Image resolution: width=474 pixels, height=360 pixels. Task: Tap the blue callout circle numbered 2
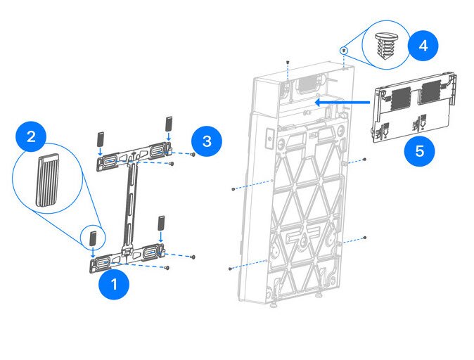pos(31,136)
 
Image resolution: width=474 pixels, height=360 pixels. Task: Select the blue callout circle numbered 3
pos(206,141)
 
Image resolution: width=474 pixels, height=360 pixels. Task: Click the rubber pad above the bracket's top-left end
pos(99,135)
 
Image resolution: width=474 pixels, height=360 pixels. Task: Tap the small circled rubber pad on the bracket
pos(92,237)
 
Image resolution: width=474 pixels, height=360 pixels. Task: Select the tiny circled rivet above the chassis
pos(343,50)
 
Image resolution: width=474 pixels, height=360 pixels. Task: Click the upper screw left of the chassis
pos(233,189)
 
